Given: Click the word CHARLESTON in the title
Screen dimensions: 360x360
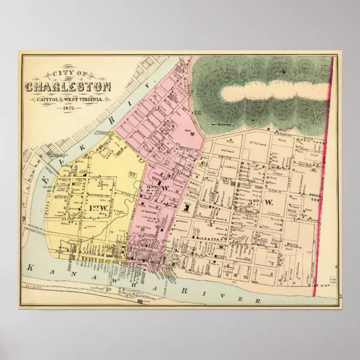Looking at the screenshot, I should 68,87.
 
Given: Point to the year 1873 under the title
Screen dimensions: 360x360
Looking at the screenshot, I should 68,107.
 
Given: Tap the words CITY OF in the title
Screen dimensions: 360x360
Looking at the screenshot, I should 67,73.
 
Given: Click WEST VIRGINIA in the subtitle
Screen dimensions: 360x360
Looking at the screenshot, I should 89,100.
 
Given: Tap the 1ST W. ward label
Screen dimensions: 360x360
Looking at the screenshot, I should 97,207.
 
